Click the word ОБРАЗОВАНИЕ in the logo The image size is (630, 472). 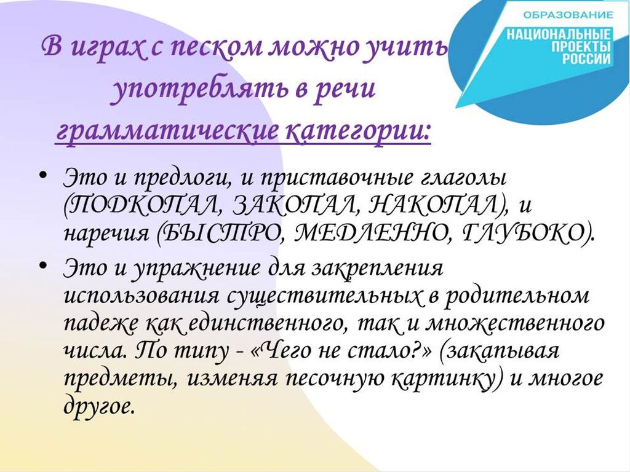tap(568, 15)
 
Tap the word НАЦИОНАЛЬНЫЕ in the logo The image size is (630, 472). tap(559, 34)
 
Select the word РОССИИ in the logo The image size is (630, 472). tap(586, 60)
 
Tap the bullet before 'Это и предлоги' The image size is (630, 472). tap(44, 175)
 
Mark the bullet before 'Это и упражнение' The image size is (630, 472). tap(44, 265)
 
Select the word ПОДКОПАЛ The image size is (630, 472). tap(142, 205)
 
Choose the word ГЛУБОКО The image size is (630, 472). tap(527, 232)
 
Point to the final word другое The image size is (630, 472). tap(98, 406)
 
